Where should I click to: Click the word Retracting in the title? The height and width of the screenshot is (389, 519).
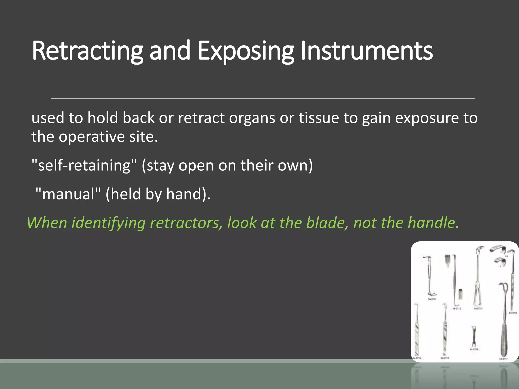click(87, 51)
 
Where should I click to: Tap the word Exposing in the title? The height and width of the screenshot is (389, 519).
click(245, 51)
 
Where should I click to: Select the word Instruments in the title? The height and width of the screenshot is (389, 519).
click(366, 51)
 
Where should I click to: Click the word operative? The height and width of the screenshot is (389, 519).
click(92, 137)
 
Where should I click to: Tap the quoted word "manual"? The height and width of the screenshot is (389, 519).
click(68, 194)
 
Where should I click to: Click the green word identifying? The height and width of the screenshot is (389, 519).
click(108, 223)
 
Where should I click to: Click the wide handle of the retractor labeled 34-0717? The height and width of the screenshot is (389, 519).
click(504, 339)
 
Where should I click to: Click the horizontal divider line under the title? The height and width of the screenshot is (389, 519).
click(263, 99)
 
